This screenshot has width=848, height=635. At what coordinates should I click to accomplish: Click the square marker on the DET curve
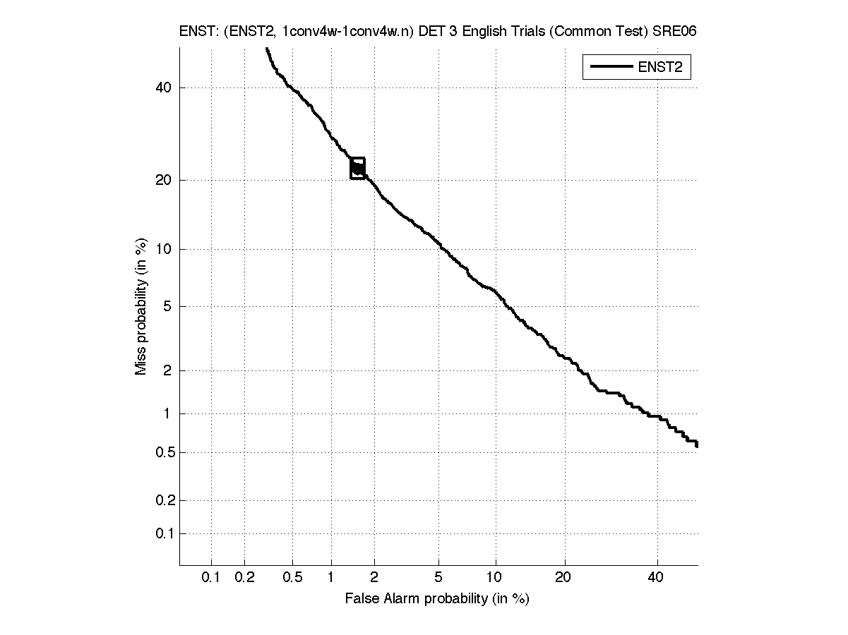click(358, 168)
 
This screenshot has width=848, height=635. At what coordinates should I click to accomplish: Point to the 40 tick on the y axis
click(165, 87)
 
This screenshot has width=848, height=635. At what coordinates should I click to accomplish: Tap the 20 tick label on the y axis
click(165, 180)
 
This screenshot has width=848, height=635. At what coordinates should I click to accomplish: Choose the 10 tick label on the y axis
click(165, 249)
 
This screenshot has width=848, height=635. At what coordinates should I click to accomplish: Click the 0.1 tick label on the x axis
click(211, 578)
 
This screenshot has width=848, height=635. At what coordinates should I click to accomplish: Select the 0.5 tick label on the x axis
click(292, 578)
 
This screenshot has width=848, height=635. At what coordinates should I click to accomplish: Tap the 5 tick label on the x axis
click(438, 578)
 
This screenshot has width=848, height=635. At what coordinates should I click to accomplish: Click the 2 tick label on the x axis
click(374, 578)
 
